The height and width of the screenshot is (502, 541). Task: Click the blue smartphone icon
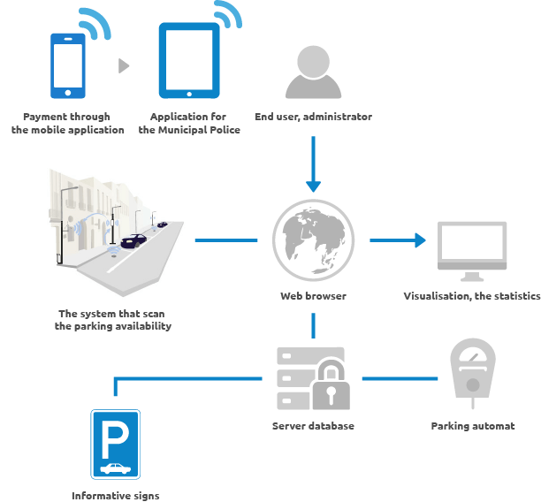(68, 65)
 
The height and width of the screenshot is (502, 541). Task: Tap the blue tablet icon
(189, 60)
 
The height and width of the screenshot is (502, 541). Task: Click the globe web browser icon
(313, 239)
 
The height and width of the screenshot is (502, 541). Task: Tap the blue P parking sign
(115, 444)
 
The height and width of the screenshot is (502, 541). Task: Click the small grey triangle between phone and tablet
(124, 65)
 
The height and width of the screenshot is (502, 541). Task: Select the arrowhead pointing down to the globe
(313, 185)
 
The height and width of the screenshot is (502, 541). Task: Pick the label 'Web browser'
(313, 296)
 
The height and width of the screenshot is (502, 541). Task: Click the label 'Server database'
(313, 426)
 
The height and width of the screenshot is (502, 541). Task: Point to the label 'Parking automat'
(473, 426)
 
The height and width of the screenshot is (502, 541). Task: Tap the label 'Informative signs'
(116, 496)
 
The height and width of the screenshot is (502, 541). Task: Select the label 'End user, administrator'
(313, 117)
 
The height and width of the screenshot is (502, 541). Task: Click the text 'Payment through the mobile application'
(68, 123)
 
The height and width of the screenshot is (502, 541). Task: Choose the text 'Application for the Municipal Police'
(189, 123)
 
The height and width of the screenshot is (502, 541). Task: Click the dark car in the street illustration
(133, 239)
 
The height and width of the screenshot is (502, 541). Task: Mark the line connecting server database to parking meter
(400, 378)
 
